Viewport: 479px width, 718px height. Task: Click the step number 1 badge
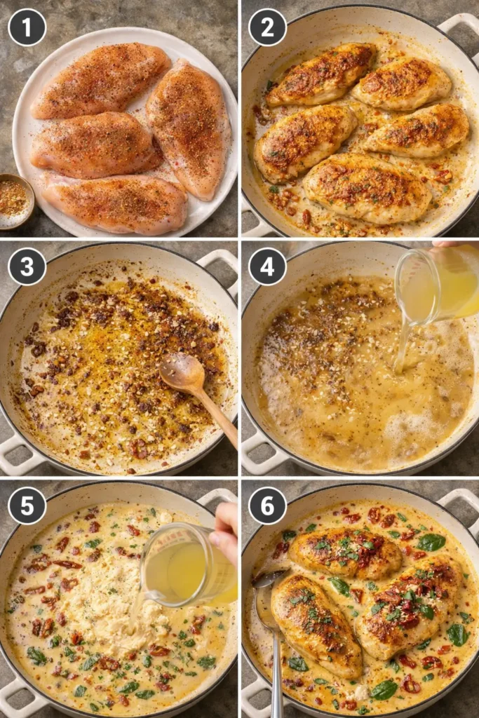[27, 27]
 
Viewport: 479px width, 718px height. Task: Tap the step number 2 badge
[267, 27]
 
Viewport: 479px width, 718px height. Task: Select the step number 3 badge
[27, 266]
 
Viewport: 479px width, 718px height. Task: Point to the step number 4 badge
[267, 266]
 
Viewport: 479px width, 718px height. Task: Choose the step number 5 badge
[27, 506]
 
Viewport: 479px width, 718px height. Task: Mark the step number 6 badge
[267, 506]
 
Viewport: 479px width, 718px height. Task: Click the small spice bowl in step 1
[14, 201]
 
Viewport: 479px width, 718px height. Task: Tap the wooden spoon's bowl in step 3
[182, 372]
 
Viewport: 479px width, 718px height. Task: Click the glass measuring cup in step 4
[435, 284]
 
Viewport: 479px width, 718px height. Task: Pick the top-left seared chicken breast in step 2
[321, 74]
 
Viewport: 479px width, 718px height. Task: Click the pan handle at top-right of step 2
[459, 28]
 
